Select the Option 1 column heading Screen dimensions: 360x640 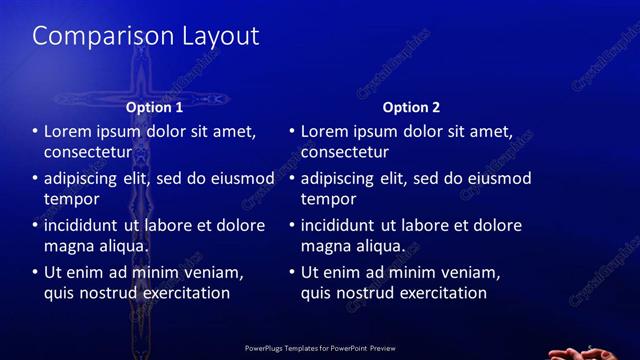154,107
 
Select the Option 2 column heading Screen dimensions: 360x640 411,107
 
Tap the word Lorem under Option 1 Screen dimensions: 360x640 68,131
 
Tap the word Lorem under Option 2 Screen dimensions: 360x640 325,131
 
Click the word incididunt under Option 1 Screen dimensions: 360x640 88,225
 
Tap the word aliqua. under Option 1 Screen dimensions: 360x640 122,246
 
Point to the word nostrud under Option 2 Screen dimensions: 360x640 369,294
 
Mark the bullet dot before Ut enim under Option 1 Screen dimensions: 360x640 35,272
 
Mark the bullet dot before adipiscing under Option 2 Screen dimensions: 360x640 292,179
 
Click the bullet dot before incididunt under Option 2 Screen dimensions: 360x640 292,226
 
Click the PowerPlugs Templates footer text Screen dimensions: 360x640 321,348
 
